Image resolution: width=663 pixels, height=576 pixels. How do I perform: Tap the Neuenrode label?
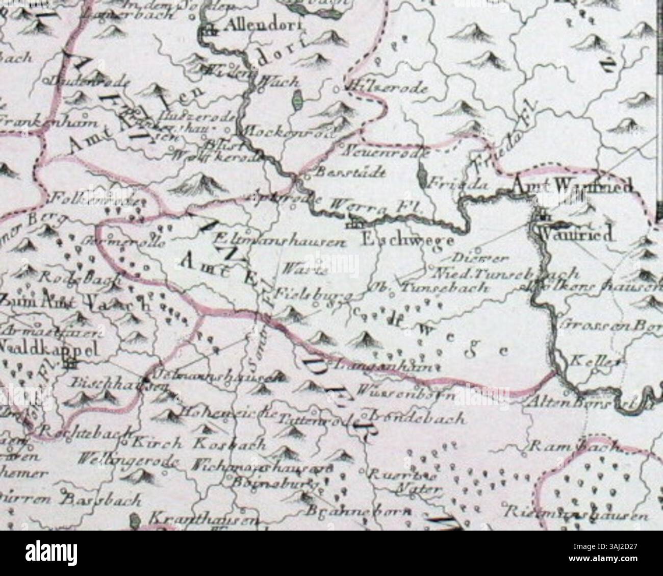pyautogui.click(x=388, y=151)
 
